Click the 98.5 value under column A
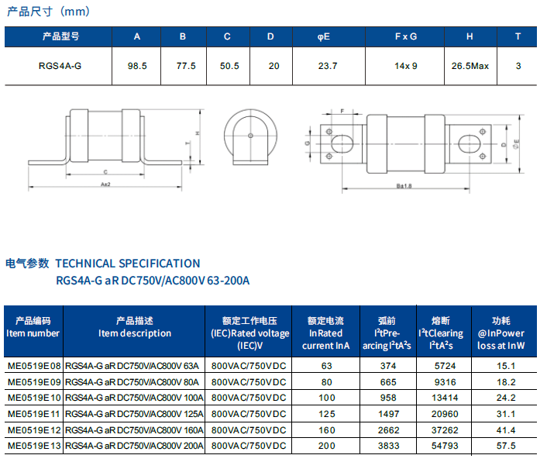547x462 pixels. pyautogui.click(x=137, y=66)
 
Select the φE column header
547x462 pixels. pyautogui.click(x=324, y=36)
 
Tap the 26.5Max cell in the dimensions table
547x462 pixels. pyautogui.click(x=470, y=66)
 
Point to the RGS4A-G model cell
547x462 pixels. pyautogui.click(x=60, y=66)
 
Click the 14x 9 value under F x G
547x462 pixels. pyautogui.click(x=406, y=66)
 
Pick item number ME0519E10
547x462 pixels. pyautogui.click(x=34, y=398)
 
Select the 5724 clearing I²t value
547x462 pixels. pyautogui.click(x=446, y=366)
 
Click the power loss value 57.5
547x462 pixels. pyautogui.click(x=506, y=446)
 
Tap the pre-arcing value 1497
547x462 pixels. pyautogui.click(x=388, y=414)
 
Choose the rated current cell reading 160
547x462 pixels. pyautogui.click(x=326, y=430)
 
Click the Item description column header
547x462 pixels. pyautogui.click(x=135, y=333)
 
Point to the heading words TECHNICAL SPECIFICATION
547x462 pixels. pyautogui.click(x=128, y=264)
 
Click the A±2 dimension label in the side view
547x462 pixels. pyautogui.click(x=105, y=184)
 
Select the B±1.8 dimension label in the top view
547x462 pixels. pyautogui.click(x=404, y=186)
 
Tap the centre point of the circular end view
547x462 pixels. pyautogui.click(x=250, y=136)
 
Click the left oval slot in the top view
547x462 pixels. pyautogui.click(x=342, y=144)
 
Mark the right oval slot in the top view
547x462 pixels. pyautogui.click(x=470, y=143)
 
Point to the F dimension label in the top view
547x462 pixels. pyautogui.click(x=342, y=111)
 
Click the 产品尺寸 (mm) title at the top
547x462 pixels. pyautogui.click(x=49, y=12)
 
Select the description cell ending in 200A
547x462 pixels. pyautogui.click(x=134, y=446)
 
